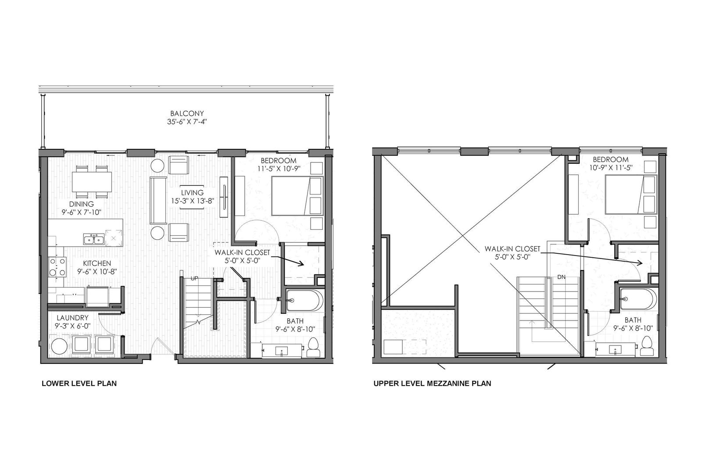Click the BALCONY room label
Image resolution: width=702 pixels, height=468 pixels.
pyautogui.click(x=187, y=113)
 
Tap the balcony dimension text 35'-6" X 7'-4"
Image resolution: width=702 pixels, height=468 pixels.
pyautogui.click(x=187, y=122)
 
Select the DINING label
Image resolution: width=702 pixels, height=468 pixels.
pyautogui.click(x=82, y=204)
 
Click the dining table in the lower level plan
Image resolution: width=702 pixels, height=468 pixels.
pyautogui.click(x=92, y=182)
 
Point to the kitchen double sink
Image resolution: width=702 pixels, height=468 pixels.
pyautogui.click(x=94, y=239)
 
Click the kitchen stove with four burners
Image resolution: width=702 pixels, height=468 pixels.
pyautogui.click(x=57, y=267)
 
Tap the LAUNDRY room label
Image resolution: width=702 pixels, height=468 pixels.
pyautogui.click(x=72, y=318)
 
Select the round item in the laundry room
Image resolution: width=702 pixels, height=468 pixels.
pyautogui.click(x=59, y=346)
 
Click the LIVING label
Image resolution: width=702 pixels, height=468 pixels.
pyautogui.click(x=192, y=192)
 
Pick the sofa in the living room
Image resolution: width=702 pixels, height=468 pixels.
pyautogui.click(x=158, y=201)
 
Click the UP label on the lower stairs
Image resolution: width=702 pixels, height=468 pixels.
pyautogui.click(x=194, y=278)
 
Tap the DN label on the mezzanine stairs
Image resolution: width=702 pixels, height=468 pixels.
pyautogui.click(x=561, y=277)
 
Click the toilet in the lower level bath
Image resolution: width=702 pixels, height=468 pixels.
pyautogui.click(x=313, y=348)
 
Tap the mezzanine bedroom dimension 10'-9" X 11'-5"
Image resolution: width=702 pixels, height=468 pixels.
pyautogui.click(x=610, y=168)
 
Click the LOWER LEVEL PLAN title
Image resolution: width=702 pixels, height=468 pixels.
pyautogui.click(x=79, y=383)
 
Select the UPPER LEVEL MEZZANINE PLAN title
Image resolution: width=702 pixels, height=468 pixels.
pyautogui.click(x=433, y=383)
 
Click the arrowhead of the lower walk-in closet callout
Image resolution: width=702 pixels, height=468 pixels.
pyautogui.click(x=301, y=264)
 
